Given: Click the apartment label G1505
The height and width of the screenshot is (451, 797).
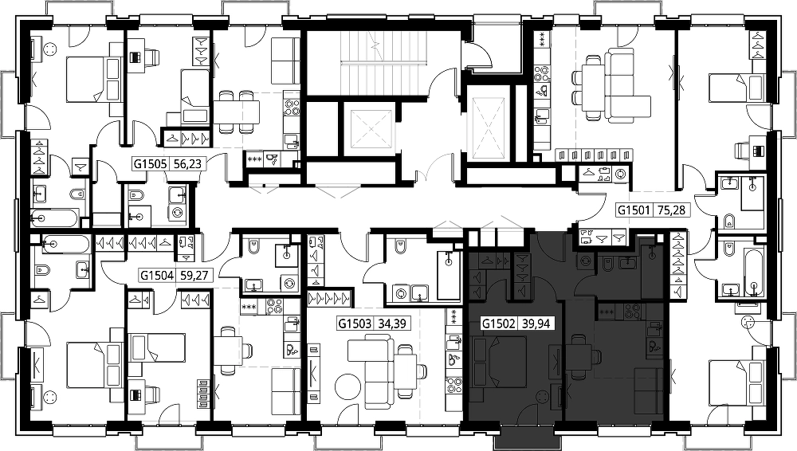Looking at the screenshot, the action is tap(151, 163).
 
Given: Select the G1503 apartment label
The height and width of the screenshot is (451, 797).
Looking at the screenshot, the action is tap(355, 324).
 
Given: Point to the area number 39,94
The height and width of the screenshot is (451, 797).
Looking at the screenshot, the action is tap(536, 324).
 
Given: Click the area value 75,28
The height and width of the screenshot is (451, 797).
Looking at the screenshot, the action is tap(670, 210).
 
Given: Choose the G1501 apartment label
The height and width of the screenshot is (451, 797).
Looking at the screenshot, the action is tap(634, 210).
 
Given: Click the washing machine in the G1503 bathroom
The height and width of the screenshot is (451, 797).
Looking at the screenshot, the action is tap(401, 293).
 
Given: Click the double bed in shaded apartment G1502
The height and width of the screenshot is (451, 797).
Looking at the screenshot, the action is tap(499, 361).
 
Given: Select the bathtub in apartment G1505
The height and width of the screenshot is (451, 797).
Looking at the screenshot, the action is tap(55, 218).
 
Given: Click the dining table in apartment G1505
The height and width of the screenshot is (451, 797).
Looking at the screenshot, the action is tap(237, 110).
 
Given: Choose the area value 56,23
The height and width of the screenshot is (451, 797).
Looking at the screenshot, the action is tap(187, 163).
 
